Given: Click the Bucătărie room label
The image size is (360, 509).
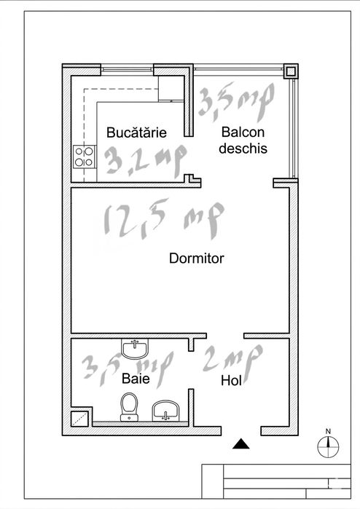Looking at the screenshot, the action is click(x=136, y=133).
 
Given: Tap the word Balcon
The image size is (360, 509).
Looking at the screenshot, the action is click(x=243, y=132).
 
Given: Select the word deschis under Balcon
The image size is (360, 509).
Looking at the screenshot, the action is click(x=243, y=149).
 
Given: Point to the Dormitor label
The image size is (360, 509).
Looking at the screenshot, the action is click(x=197, y=259).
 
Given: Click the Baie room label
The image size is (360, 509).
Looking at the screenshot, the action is click(x=136, y=379).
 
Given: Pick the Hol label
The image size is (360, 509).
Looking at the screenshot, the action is click(x=231, y=380).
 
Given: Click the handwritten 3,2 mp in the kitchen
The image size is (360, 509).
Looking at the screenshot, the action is click(x=146, y=161).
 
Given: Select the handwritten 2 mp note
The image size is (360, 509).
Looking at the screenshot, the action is click(x=232, y=360).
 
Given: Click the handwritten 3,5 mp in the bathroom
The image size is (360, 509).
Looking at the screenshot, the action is click(x=128, y=369).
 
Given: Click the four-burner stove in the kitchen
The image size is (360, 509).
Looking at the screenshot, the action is click(x=85, y=157).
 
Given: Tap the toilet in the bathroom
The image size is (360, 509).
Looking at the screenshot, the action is click(x=129, y=407).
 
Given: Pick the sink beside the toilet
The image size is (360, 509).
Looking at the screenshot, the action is click(x=165, y=411).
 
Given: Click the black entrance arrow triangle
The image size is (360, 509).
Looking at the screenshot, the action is click(x=241, y=443).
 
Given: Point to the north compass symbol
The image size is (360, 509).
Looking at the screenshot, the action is click(x=328, y=447).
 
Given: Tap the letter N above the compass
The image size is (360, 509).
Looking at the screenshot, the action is click(x=328, y=431).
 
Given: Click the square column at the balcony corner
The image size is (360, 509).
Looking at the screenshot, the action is click(x=291, y=71).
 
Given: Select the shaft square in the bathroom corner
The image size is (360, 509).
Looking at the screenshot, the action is click(x=80, y=419).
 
